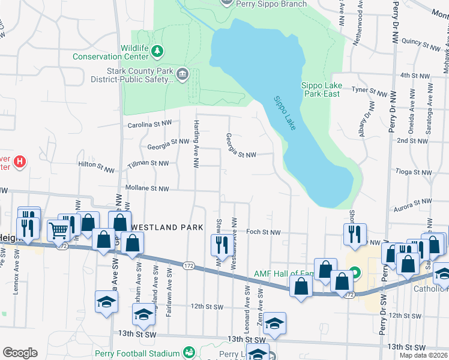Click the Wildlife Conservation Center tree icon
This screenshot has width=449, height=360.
(157, 51)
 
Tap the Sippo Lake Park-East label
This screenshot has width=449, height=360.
(321, 89)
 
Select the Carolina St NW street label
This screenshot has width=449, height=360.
(150, 125)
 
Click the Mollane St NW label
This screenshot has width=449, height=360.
(147, 188)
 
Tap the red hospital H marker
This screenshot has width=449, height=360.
(20, 161)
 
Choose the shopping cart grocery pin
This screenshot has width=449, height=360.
(58, 229)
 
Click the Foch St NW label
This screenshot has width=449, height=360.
(264, 232)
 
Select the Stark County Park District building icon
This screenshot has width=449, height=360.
(183, 74)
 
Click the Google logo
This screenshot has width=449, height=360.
(20, 353)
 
